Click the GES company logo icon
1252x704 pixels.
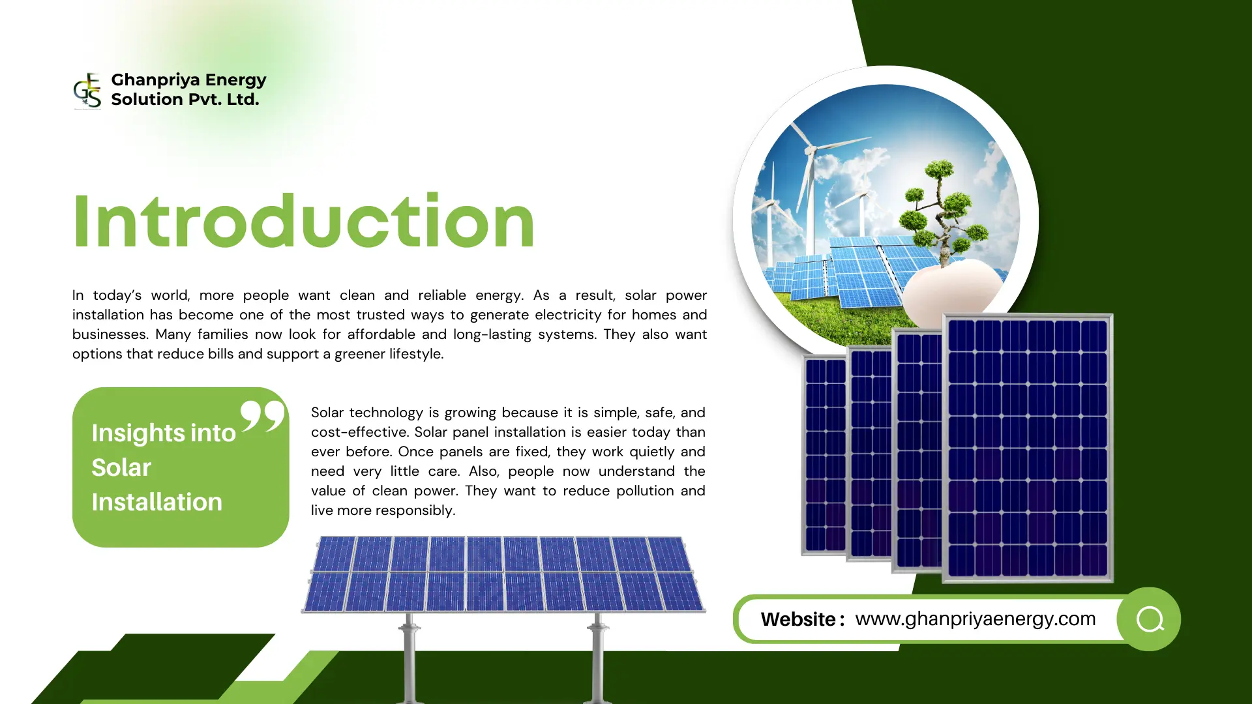point(87,90)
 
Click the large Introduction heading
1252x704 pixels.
point(304,222)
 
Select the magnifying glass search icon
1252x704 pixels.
point(1150,619)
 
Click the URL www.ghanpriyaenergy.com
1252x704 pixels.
point(975,619)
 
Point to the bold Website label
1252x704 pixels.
point(802,619)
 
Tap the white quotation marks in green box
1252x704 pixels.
point(262,416)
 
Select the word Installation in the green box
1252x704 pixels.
point(156,502)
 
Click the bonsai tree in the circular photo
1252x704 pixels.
point(939,209)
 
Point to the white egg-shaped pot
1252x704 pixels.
point(952,290)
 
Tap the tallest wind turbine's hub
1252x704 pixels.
point(811,151)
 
